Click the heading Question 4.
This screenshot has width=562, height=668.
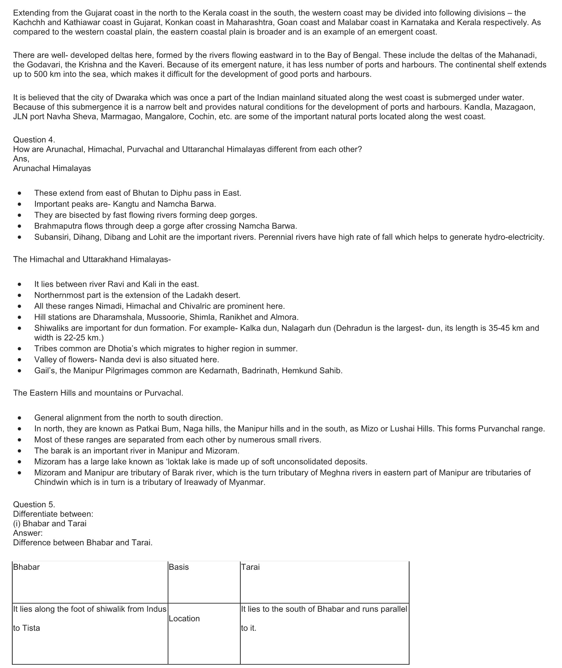[34, 140]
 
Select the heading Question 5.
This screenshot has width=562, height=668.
[34, 504]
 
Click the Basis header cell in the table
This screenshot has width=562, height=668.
[179, 567]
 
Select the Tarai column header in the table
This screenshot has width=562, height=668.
[250, 567]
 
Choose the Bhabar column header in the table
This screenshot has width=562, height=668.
[26, 567]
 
